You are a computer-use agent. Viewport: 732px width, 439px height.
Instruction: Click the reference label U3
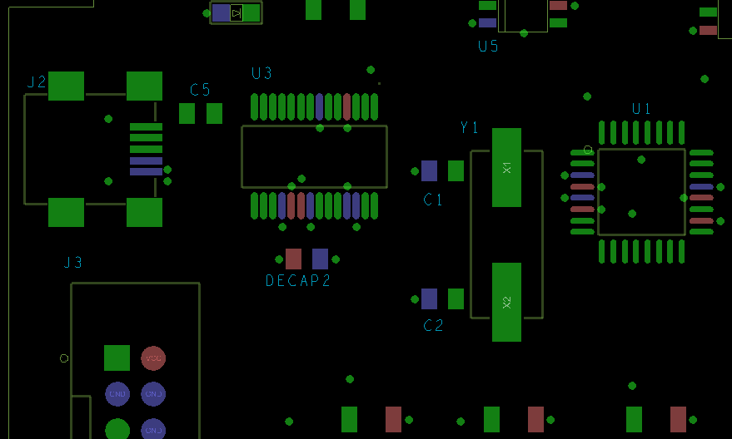coord(261,73)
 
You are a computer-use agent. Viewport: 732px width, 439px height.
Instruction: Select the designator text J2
coord(37,81)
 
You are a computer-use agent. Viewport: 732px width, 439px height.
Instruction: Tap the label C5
coord(200,90)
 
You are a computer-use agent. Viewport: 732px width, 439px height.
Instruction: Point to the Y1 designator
coord(470,127)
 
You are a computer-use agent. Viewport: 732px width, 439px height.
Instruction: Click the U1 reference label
coord(641,109)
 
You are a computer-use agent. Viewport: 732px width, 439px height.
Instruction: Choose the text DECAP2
coord(298,281)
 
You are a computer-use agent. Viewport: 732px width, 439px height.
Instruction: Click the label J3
coord(73,263)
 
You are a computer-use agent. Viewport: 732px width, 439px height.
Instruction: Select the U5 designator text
coord(488,46)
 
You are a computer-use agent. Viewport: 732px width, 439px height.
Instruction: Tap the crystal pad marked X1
coord(506,167)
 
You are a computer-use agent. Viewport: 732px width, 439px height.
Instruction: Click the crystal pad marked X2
coord(506,302)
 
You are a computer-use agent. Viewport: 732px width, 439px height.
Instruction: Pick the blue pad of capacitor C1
coord(429,170)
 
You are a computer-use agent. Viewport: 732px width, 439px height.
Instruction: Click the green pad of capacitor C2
coord(456,298)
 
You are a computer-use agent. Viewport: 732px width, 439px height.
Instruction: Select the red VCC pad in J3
coord(152,358)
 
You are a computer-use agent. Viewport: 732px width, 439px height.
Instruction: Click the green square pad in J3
coord(117,358)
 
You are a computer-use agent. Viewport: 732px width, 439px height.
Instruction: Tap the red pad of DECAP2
coord(293,259)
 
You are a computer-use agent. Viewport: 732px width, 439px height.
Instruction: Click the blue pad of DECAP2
coord(320,259)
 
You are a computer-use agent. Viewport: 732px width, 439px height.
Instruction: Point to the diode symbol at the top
coord(237,12)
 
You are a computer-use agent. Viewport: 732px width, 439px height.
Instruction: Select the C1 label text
coord(433,200)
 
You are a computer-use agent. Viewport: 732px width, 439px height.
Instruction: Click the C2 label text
coord(433,325)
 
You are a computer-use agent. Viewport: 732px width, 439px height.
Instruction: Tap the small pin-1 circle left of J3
coord(64,358)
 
